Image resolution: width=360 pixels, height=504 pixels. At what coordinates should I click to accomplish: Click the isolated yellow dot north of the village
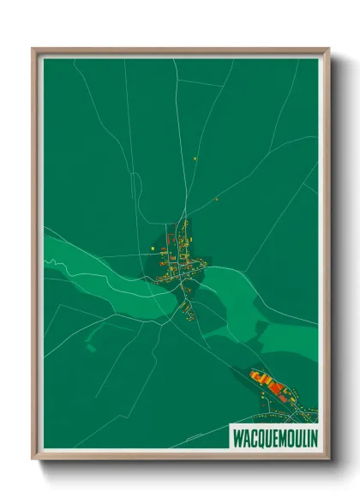pyautogui.click(x=195, y=159)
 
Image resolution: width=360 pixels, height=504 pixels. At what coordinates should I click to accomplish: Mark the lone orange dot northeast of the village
pyautogui.click(x=217, y=199)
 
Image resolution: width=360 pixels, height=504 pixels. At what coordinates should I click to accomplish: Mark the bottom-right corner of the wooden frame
pyautogui.click(x=327, y=459)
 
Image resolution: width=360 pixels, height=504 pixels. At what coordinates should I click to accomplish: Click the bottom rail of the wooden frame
pyautogui.click(x=180, y=456)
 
